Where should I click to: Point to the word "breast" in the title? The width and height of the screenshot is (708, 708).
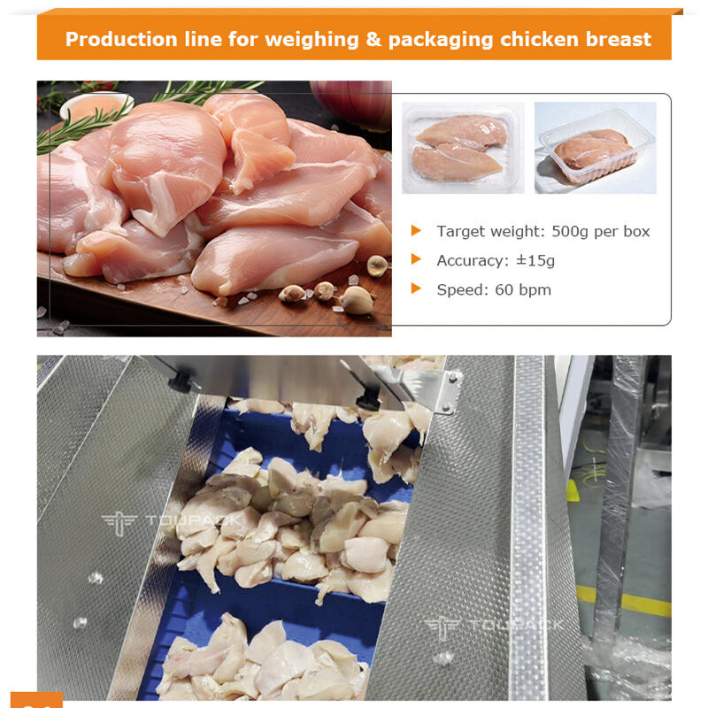click(619, 40)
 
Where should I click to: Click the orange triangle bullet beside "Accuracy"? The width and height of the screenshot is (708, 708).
click(416, 260)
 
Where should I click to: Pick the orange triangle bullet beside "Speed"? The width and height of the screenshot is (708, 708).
click(416, 289)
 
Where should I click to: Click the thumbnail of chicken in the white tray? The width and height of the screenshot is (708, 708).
click(462, 147)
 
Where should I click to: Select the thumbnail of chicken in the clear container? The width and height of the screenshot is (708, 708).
click(596, 147)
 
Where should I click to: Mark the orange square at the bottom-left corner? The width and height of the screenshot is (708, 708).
click(36, 700)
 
